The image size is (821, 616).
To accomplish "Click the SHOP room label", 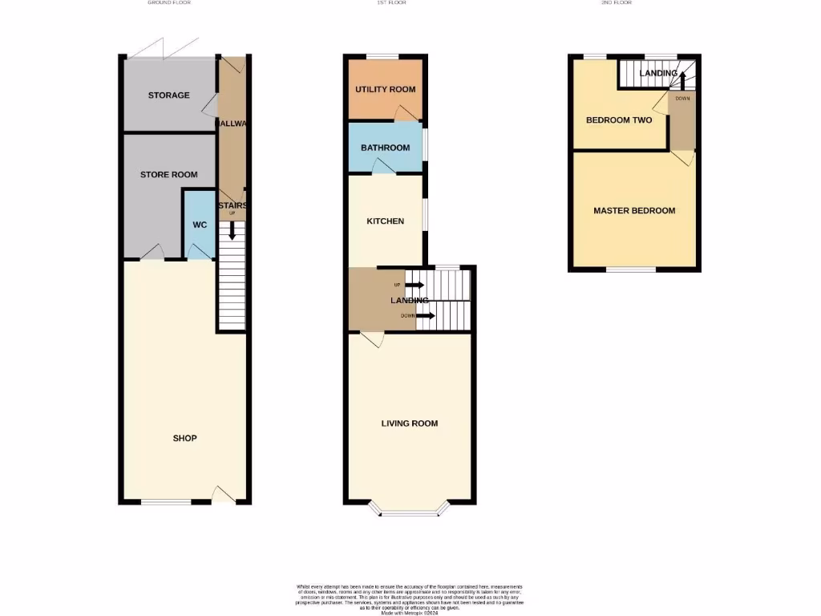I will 184,438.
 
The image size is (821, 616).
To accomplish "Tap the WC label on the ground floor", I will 200,225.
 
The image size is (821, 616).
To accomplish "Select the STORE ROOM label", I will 168,174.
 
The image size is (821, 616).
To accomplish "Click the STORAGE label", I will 168,95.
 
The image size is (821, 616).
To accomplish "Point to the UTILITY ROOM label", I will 385,89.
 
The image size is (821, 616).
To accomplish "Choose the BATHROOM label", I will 385,148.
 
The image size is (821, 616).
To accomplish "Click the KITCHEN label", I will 385,221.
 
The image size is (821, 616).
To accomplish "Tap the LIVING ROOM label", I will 409,423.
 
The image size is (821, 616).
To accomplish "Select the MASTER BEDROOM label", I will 633,211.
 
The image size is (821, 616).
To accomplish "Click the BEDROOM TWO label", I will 618,120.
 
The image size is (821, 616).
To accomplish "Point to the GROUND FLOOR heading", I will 169,3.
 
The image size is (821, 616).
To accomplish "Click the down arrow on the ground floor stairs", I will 233,231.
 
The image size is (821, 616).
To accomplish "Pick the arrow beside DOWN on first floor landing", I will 426,316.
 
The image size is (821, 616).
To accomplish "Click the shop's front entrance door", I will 223,495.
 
